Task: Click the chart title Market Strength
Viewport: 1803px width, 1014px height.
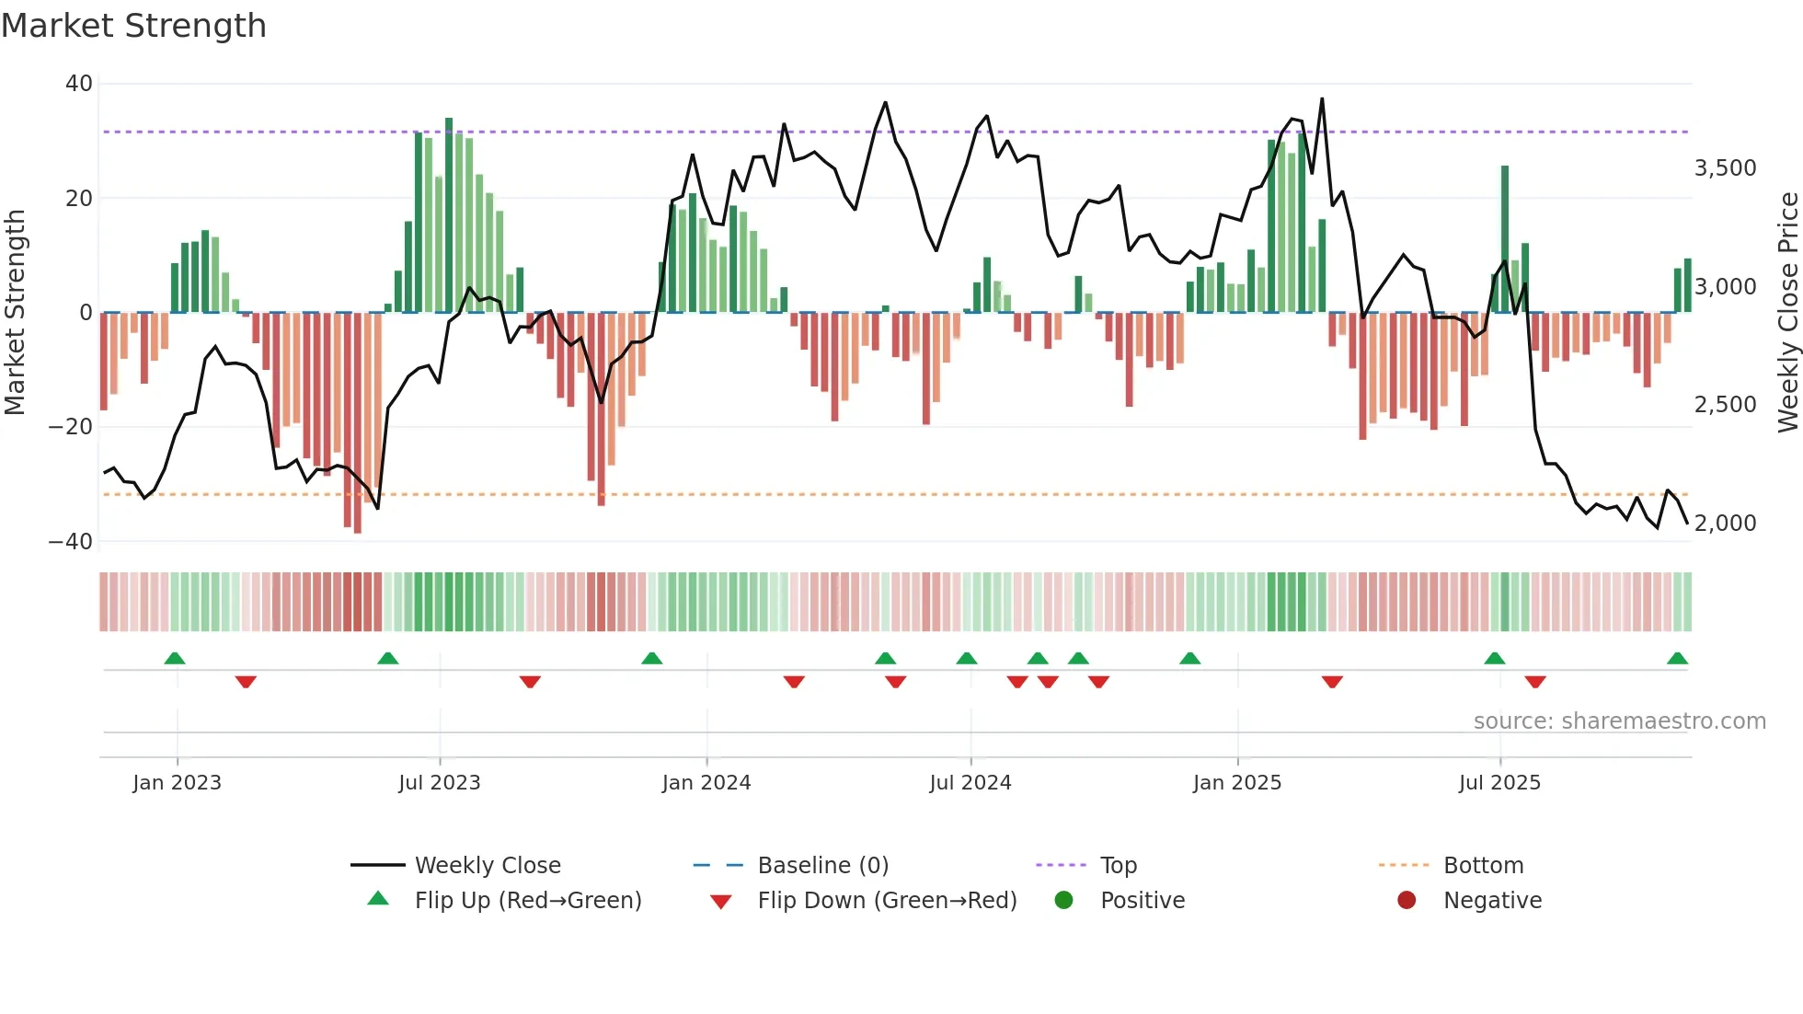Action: [133, 26]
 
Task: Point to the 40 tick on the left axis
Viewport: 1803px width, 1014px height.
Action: [79, 84]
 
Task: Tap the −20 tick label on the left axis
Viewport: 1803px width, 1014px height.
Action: [70, 427]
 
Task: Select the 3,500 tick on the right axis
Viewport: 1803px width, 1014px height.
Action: [1725, 168]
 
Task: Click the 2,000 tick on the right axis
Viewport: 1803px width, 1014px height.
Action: [1725, 524]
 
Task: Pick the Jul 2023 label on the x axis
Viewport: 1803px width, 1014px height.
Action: [439, 783]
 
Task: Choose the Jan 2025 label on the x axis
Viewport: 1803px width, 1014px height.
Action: [1236, 783]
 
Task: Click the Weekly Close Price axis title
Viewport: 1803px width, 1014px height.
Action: [1787, 313]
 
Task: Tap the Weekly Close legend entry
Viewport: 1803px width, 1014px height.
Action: [487, 866]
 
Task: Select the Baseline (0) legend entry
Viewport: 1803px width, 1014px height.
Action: [822, 866]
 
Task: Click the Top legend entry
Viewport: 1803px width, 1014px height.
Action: [1118, 866]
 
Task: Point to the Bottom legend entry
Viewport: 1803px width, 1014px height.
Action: [1483, 866]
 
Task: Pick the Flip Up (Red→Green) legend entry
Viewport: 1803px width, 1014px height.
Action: [527, 901]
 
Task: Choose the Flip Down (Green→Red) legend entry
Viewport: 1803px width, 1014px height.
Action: [887, 901]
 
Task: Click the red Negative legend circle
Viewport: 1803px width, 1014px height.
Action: [1406, 901]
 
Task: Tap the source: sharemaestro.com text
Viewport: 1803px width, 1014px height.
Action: [1619, 721]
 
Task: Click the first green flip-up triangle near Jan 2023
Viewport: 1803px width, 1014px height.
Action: [175, 658]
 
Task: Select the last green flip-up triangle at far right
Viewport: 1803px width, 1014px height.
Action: [1677, 658]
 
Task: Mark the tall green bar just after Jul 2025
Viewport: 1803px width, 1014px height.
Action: [1505, 239]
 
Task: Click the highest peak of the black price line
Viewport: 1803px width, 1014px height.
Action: [1322, 99]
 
